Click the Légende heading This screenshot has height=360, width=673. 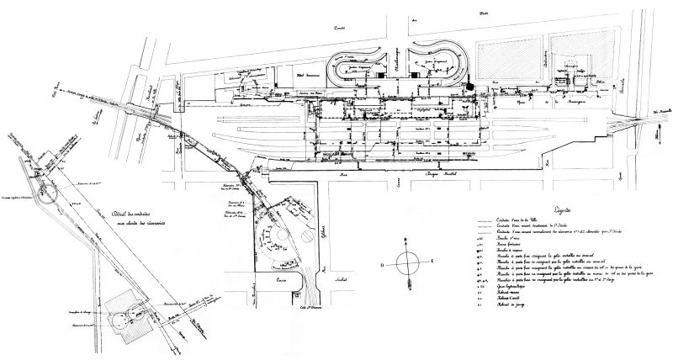click(x=559, y=209)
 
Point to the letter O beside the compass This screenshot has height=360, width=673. click(x=382, y=263)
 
